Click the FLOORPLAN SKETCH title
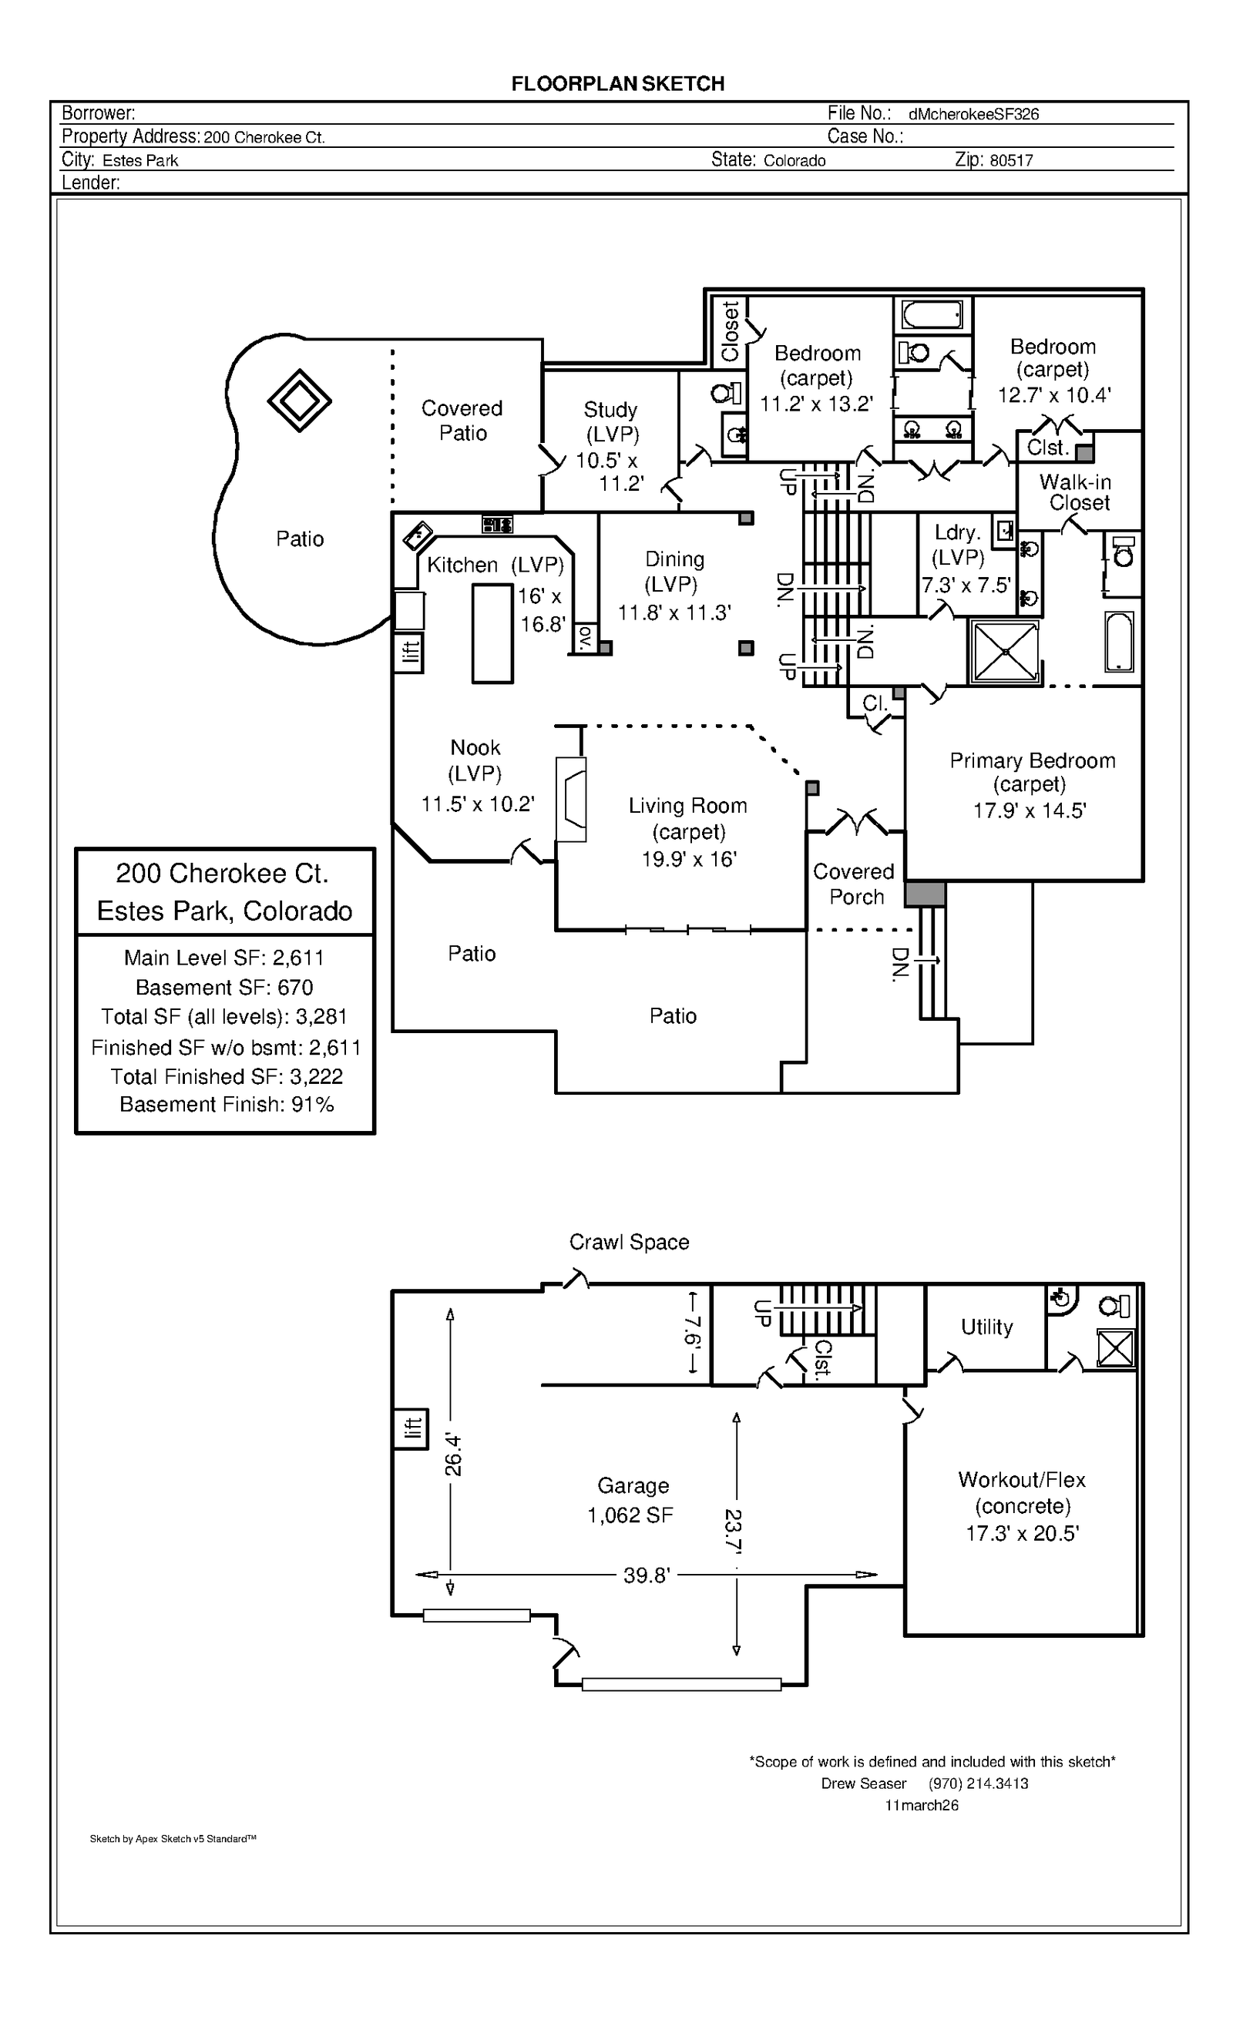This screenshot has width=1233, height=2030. pyautogui.click(x=617, y=83)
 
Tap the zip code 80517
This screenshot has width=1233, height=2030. pyautogui.click(x=1010, y=161)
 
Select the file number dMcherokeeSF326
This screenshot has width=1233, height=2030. pyautogui.click(x=973, y=115)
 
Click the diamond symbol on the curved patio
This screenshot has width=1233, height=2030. pyautogui.click(x=299, y=401)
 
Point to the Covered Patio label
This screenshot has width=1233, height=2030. pyautogui.click(x=462, y=420)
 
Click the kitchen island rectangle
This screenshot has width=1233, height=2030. pyautogui.click(x=492, y=633)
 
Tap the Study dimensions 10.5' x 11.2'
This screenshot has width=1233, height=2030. pyautogui.click(x=610, y=472)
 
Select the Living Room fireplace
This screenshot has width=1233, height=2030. pyautogui.click(x=571, y=798)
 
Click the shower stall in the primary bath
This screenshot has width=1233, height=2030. pyautogui.click(x=1005, y=652)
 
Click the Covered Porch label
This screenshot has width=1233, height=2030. pyautogui.click(x=854, y=884)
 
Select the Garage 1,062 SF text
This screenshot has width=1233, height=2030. pyautogui.click(x=631, y=1500)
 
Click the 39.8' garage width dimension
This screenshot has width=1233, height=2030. pyautogui.click(x=647, y=1575)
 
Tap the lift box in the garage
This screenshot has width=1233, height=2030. pyautogui.click(x=411, y=1429)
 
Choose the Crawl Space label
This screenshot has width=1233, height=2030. pyautogui.click(x=629, y=1243)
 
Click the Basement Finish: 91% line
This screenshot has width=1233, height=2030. pyautogui.click(x=226, y=1105)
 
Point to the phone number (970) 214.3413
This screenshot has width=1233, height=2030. pyautogui.click(x=979, y=1783)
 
